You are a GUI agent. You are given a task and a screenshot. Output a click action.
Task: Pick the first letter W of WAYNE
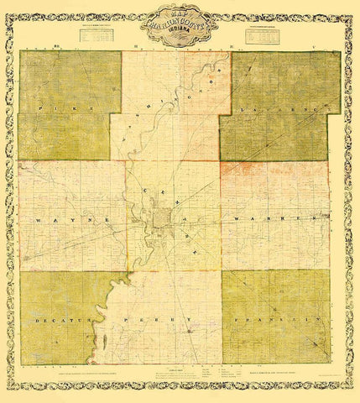click(37, 217)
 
